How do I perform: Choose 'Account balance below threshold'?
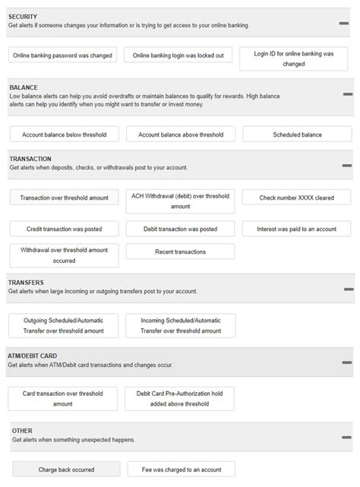tap(64, 134)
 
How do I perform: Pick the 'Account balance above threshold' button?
tap(180, 134)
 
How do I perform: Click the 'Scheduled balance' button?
tap(297, 134)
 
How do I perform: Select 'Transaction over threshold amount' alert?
tap(64, 198)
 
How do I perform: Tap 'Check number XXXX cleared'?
tap(297, 198)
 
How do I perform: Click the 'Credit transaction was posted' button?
tap(64, 229)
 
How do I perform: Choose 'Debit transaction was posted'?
tap(180, 229)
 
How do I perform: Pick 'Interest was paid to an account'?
tap(297, 229)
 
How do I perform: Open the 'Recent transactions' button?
tap(180, 251)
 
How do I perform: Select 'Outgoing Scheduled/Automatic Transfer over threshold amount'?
tap(64, 325)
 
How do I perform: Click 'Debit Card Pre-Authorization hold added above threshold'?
tap(180, 399)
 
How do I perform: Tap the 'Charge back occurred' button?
tap(67, 469)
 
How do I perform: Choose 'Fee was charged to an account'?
tap(182, 469)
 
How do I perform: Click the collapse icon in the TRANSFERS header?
tap(349, 289)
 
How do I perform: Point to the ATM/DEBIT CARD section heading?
tap(33, 356)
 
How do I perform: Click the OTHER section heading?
tap(22, 431)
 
